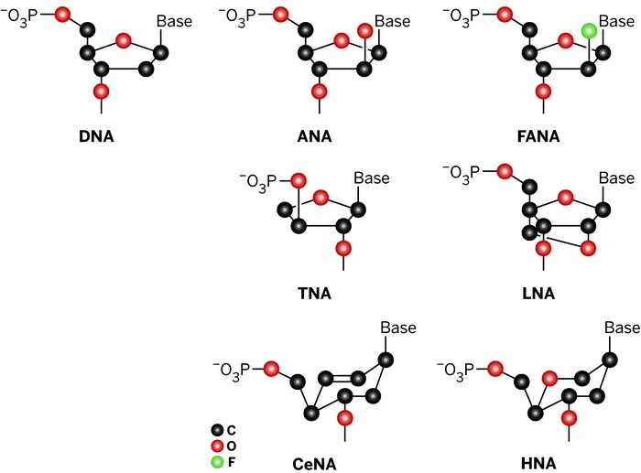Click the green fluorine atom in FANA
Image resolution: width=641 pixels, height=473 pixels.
click(590, 32)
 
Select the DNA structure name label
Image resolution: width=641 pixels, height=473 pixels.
click(100, 138)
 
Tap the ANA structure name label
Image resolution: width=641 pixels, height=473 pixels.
click(315, 138)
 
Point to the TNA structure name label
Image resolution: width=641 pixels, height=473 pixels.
click(315, 294)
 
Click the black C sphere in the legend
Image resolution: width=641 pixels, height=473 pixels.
click(217, 429)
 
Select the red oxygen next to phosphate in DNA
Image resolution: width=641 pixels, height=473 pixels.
click(62, 14)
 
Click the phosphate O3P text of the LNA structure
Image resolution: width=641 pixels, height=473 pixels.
click(467, 171)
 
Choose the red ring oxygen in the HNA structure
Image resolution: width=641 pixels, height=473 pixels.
click(549, 378)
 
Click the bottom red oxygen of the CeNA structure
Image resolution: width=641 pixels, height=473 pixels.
click(345, 418)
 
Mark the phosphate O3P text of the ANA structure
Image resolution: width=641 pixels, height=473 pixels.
click(247, 14)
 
